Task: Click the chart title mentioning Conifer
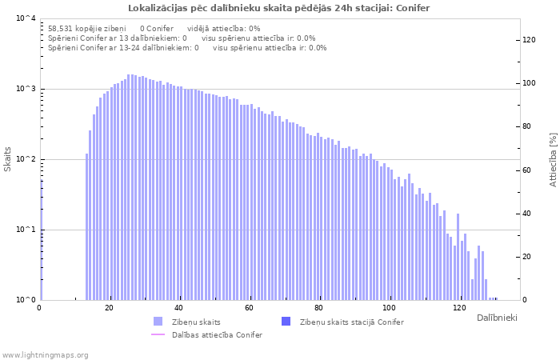(x=279, y=8)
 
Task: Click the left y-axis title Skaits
(x=8, y=159)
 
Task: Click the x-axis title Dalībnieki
(x=497, y=318)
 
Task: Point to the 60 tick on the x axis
(x=250, y=308)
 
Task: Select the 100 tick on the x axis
(x=390, y=308)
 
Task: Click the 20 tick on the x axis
(x=110, y=308)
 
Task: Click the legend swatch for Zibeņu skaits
(x=158, y=322)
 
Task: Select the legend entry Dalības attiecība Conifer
(x=217, y=334)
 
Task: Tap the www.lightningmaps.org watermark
(x=46, y=354)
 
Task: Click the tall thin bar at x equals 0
(x=41, y=240)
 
